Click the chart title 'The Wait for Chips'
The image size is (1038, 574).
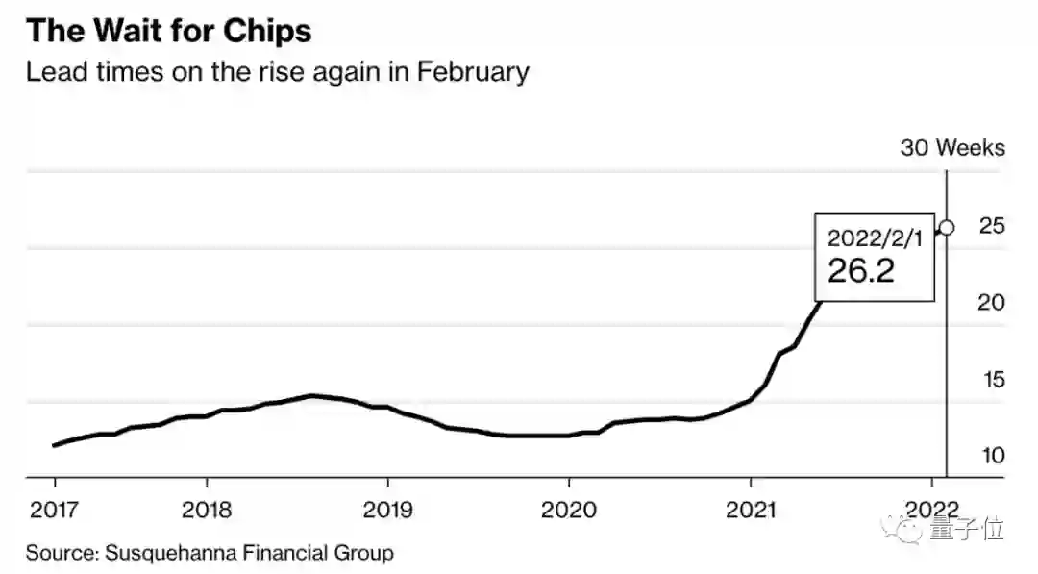(168, 32)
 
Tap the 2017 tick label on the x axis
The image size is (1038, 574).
(55, 509)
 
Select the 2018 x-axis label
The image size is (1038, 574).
(207, 509)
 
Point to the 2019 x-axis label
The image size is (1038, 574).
(387, 509)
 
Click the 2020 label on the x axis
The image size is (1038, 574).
(569, 509)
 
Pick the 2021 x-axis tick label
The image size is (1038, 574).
(751, 509)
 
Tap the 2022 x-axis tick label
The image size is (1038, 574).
(931, 509)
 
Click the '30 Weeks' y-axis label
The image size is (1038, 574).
(951, 148)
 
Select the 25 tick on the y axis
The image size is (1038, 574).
(992, 226)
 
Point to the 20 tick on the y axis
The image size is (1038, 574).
(992, 303)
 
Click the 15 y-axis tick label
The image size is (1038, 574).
(992, 380)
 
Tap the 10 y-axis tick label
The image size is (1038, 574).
(992, 455)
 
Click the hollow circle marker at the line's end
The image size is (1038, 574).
(947, 228)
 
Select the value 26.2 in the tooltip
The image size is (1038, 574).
(861, 271)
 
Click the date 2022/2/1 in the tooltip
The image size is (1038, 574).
(874, 237)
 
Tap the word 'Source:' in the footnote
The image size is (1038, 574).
(62, 553)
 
